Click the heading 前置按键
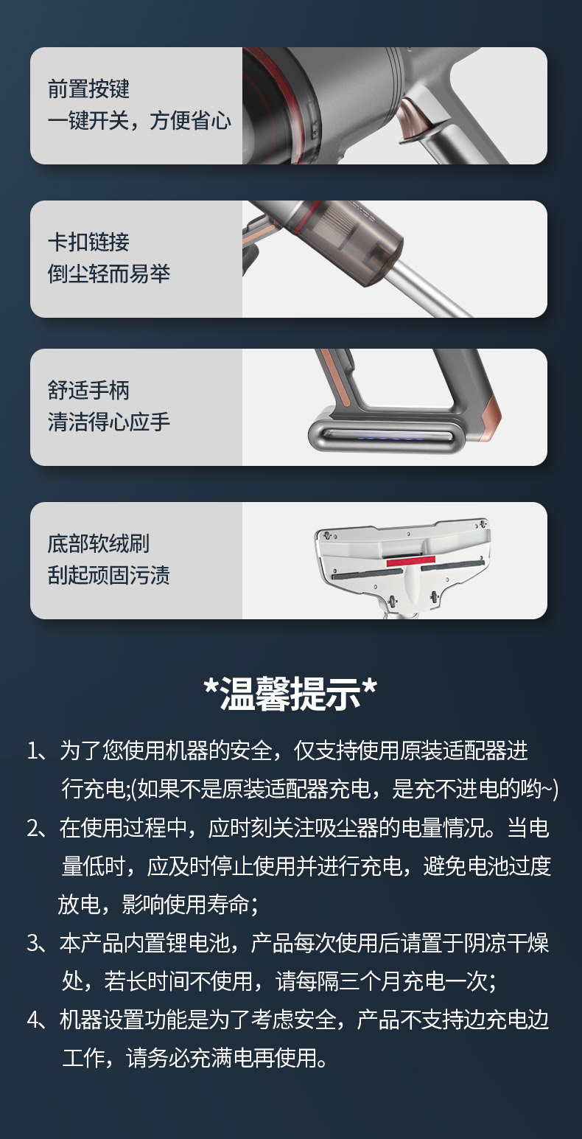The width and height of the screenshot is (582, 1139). pyautogui.click(x=88, y=88)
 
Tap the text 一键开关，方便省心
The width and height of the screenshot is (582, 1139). pyautogui.click(x=139, y=120)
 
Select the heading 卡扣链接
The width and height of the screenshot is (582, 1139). pyautogui.click(x=88, y=242)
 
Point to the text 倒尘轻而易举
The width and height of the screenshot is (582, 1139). pyautogui.click(x=109, y=274)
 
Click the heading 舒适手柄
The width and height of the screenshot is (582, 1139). pyautogui.click(x=88, y=390)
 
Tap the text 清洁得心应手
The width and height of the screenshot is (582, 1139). pyautogui.click(x=109, y=422)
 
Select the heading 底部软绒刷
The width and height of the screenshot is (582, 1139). pyautogui.click(x=99, y=543)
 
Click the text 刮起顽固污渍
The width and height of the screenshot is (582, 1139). pyautogui.click(x=109, y=575)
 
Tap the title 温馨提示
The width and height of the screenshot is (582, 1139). pyautogui.click(x=290, y=694)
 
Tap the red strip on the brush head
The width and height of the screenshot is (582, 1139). pyautogui.click(x=410, y=561)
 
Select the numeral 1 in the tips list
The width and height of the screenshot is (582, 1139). pyautogui.click(x=32, y=751)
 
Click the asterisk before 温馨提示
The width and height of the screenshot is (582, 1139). pyautogui.click(x=211, y=685)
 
